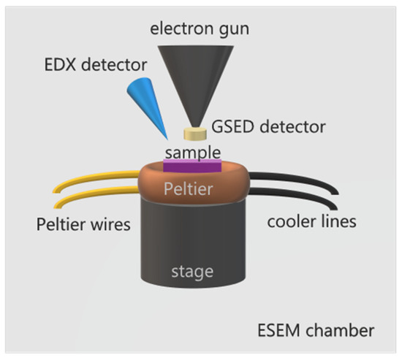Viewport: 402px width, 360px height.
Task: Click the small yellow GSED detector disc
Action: pos(196,133)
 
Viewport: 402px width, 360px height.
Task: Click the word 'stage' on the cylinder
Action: pos(194,272)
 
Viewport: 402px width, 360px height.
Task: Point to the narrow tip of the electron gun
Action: pos(195,123)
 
